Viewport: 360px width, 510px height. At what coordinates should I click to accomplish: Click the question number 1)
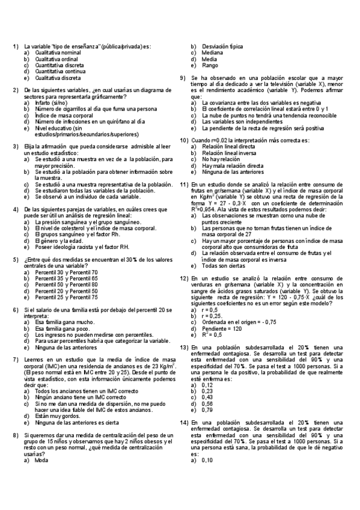pyautogui.click(x=16, y=46)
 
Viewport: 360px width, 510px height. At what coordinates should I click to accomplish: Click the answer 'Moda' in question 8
pyautogui.click(x=42, y=443)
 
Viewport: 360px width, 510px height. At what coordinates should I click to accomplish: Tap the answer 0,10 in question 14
pyautogui.click(x=207, y=443)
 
